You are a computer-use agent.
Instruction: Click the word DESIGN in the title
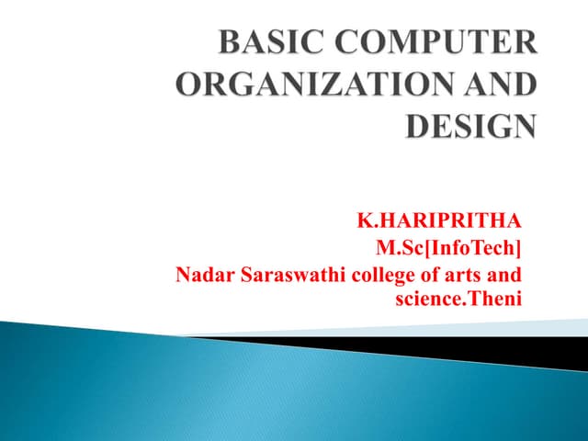(x=471, y=125)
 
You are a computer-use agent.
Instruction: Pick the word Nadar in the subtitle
(x=198, y=274)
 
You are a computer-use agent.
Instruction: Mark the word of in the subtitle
(x=416, y=274)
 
